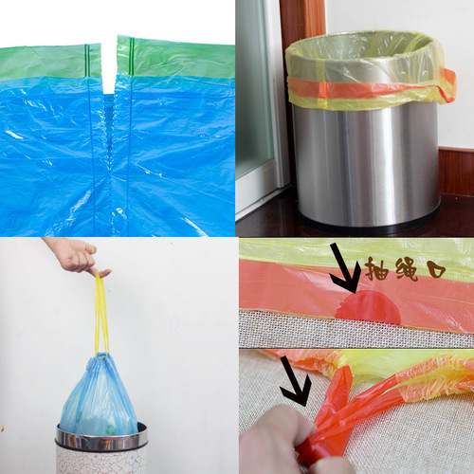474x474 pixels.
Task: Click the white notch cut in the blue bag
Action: click(108, 71)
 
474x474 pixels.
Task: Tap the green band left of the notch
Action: click(47, 63)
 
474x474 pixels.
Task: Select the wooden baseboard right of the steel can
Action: click(456, 171)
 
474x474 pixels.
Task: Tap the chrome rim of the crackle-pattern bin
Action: click(100, 437)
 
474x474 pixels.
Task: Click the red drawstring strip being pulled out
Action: click(332, 417)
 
